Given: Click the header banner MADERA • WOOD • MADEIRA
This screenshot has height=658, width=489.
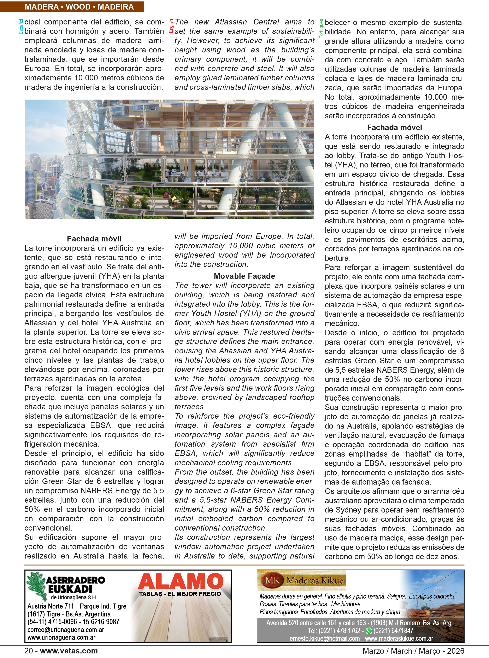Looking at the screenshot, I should point(79,7).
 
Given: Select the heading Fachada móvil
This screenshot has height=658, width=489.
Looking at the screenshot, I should point(94,239).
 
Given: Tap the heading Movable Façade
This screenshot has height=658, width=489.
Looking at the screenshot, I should point(244,276).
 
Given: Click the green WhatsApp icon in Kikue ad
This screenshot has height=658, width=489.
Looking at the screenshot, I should point(369,631).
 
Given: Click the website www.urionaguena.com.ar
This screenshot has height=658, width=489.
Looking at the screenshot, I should point(61,637).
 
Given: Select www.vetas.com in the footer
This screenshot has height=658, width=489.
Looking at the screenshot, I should point(69,651).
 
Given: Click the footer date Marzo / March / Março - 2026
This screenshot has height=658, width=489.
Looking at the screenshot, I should point(413,651).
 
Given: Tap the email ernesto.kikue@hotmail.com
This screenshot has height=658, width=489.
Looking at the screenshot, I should point(324,639).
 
